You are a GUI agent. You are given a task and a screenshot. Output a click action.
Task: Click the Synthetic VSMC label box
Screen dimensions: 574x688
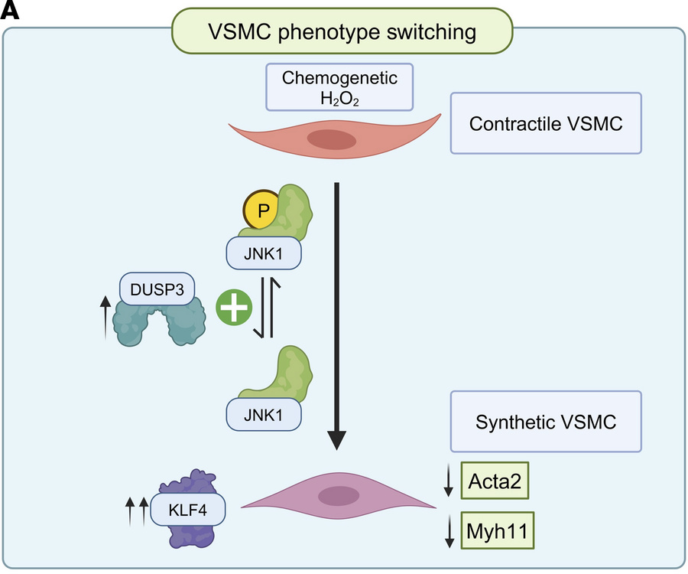(545, 421)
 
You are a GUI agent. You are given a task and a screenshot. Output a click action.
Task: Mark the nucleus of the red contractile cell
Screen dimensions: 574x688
(332, 139)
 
